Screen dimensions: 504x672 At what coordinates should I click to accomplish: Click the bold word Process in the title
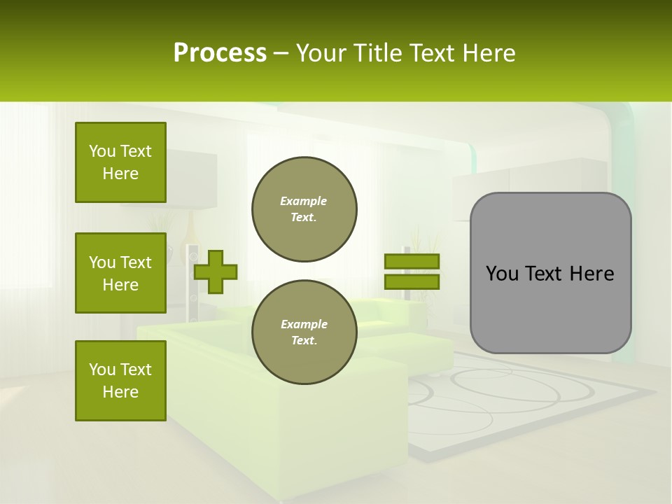click(220, 53)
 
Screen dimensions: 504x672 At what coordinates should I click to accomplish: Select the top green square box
click(120, 162)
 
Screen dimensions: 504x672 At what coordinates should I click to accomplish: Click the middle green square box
click(120, 273)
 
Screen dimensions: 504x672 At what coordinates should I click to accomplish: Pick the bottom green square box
click(120, 381)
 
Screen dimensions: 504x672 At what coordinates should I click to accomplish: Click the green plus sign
click(216, 272)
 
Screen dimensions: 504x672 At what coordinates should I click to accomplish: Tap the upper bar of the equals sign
click(412, 262)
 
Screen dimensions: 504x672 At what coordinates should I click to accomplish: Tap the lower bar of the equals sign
click(412, 282)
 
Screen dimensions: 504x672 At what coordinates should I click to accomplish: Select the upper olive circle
click(304, 209)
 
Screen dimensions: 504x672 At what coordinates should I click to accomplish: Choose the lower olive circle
click(304, 332)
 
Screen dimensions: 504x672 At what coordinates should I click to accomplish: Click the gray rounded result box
click(550, 273)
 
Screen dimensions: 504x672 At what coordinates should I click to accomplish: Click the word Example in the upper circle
click(304, 201)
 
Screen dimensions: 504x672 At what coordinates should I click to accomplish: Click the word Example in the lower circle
click(304, 324)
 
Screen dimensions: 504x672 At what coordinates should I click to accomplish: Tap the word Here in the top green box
click(120, 174)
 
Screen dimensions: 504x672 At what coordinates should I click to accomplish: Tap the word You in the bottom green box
click(102, 370)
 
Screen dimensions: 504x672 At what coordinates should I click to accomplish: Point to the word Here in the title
click(489, 53)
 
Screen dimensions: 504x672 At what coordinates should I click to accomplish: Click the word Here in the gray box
click(592, 274)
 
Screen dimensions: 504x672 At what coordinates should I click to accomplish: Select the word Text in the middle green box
click(136, 262)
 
